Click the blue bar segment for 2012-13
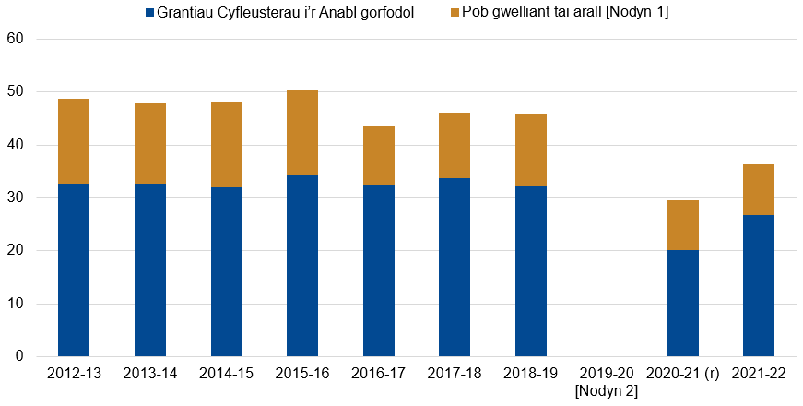point(74,269)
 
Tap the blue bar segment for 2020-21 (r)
point(683,303)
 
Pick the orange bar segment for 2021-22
point(759,189)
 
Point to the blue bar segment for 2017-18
point(455,267)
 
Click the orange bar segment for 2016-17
point(379,155)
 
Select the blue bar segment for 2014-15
point(227,271)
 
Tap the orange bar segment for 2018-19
point(531,150)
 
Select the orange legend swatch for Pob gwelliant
point(454,14)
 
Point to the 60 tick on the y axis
point(15,40)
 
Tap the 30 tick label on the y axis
point(15,198)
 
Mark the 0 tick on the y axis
point(19,357)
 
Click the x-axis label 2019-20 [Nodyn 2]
point(607,382)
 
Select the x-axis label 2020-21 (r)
point(683,374)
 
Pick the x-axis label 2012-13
point(74,374)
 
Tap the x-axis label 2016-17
point(379,374)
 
